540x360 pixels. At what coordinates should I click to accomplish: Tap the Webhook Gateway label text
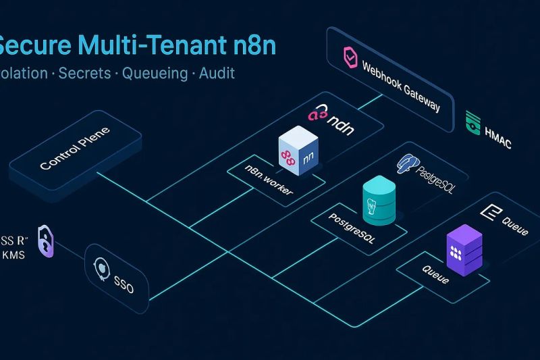(402, 87)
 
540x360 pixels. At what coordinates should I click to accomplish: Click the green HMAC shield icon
(473, 122)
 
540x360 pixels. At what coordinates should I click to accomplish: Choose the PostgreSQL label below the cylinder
(352, 228)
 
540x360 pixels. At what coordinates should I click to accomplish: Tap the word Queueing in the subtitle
(155, 73)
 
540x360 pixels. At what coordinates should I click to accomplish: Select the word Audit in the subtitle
(217, 73)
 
